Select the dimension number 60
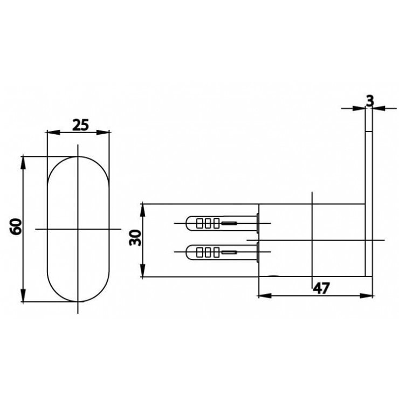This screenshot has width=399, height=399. pos(16,226)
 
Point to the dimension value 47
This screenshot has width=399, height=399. pos(321,288)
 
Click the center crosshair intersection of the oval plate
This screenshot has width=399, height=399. pos(79,229)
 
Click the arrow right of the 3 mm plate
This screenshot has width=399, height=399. pos(378,108)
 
